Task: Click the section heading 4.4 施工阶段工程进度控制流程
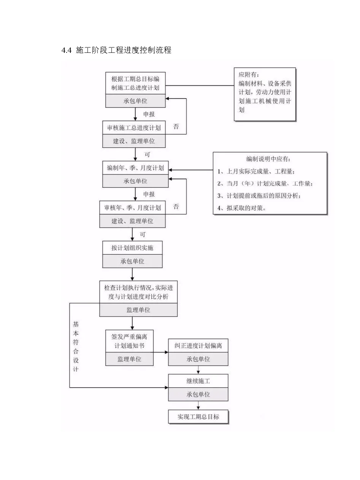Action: click(116, 50)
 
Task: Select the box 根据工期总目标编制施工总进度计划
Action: click(135, 83)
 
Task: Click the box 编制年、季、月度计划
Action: click(135, 168)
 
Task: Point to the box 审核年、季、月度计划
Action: click(132, 208)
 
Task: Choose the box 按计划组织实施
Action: click(132, 248)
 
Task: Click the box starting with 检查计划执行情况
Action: click(138, 292)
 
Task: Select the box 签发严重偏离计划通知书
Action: click(129, 341)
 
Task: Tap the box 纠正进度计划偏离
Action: click(198, 345)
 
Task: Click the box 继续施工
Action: click(198, 381)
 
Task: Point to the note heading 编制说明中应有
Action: click(270, 159)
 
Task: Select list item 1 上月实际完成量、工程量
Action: click(256, 171)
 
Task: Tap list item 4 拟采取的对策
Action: click(242, 208)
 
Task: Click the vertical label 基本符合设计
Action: click(76, 346)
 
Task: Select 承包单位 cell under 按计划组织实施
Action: click(132, 261)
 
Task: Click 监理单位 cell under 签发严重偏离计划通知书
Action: click(129, 359)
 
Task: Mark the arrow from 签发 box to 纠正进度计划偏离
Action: click(161, 352)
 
